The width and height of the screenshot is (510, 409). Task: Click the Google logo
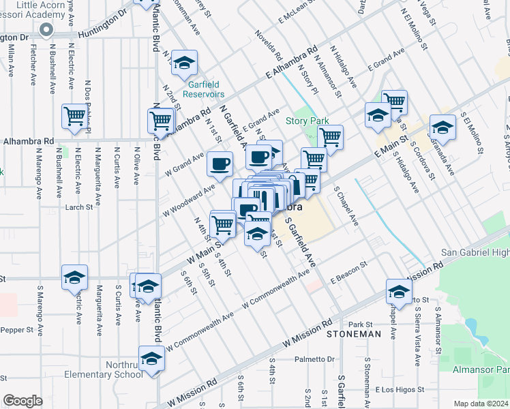(x=22, y=400)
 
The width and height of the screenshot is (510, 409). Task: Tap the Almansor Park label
(x=481, y=369)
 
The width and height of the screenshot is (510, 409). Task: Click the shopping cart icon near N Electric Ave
(x=74, y=115)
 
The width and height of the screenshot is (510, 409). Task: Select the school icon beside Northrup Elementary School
(x=151, y=359)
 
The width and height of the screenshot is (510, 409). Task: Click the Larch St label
(x=79, y=207)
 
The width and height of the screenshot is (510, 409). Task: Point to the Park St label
(x=360, y=324)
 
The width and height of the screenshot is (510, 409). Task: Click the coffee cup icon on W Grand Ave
(x=220, y=164)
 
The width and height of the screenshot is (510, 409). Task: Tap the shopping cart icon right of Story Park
(x=331, y=136)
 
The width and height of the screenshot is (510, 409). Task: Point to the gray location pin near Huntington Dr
(x=46, y=30)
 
